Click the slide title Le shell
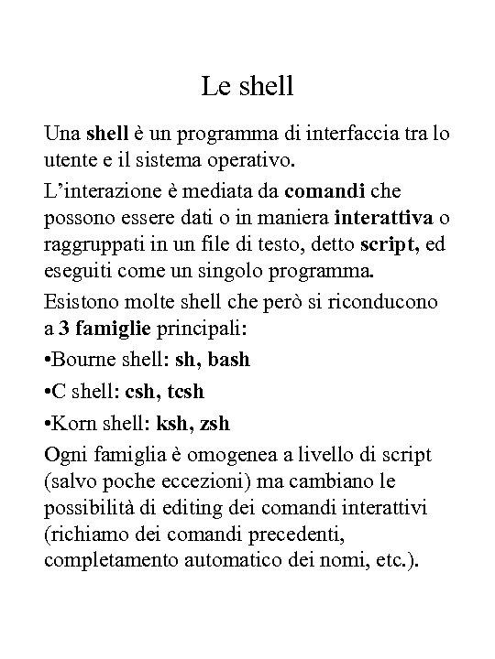pos(247,88)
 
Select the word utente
pos(70,162)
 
